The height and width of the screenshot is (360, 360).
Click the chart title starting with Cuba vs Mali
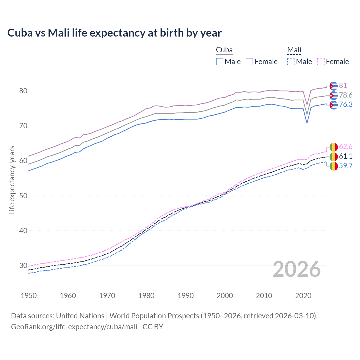pos(114,33)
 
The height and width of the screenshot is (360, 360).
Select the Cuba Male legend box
pos(220,62)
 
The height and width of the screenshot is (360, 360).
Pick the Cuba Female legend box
pos(249,62)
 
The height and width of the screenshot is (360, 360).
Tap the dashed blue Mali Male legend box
pos(291,62)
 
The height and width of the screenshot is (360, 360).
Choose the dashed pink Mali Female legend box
pos(321,62)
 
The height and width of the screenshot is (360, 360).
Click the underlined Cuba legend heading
pos(224,50)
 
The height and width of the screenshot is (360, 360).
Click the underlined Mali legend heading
pos(294,50)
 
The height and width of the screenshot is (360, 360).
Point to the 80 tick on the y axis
pos(23,91)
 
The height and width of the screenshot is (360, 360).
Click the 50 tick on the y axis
pos(23,196)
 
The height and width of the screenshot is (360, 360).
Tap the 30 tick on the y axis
pos(23,265)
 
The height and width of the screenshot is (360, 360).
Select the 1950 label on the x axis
pos(29,296)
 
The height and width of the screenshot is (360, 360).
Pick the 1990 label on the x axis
pos(186,296)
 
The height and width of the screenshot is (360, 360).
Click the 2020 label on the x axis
pos(303,296)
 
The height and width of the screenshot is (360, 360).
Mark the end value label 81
pos(343,85)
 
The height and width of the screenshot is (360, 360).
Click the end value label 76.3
pos(346,105)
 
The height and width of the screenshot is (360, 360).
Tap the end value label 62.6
pos(346,147)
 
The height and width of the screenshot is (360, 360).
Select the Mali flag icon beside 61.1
pos(334,156)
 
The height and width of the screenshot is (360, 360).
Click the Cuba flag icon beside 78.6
pos(334,96)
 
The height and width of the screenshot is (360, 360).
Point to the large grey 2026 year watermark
pos(297,269)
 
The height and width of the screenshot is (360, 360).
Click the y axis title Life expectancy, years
pos(12,180)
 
